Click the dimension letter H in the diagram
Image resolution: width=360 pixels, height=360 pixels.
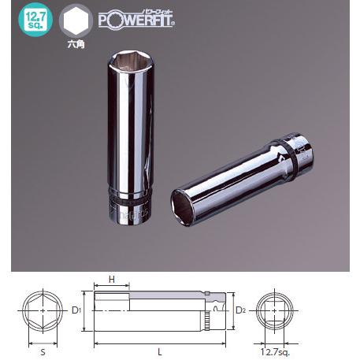click(113, 279)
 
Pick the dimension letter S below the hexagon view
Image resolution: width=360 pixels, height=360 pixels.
click(42, 345)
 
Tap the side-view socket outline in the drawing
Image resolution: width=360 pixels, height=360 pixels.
click(158, 311)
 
